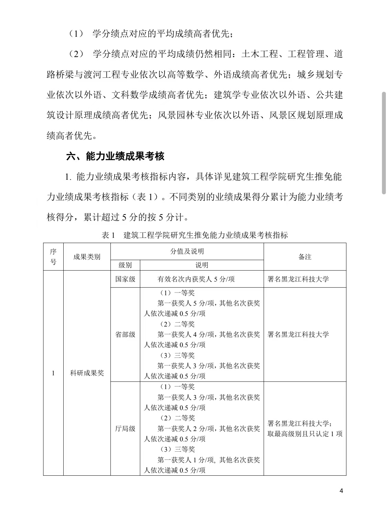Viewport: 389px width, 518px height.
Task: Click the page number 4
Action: [x=341, y=491]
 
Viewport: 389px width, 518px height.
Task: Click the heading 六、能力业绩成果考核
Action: [x=115, y=156]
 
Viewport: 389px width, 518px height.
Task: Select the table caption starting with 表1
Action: [x=195, y=235]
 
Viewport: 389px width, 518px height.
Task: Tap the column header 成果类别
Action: [x=87, y=257]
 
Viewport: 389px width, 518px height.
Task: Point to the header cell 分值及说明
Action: [x=187, y=251]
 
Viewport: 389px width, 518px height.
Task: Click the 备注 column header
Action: [x=305, y=257]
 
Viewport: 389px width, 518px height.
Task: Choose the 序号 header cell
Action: [x=53, y=257]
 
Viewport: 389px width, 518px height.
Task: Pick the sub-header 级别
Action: [x=125, y=265]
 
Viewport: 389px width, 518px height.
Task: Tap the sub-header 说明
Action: [x=202, y=265]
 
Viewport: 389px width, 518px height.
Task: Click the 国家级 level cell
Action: [x=125, y=279]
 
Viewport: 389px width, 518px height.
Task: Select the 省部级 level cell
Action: [x=125, y=334]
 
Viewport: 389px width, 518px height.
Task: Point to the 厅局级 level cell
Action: [x=125, y=429]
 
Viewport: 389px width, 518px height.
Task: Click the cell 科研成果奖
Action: [x=87, y=373]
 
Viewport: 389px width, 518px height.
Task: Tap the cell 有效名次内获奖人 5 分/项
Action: [x=196, y=279]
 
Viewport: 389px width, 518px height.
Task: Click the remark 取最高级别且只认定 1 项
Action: [x=305, y=434]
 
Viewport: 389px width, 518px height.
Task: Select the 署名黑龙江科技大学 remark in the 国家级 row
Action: [x=298, y=279]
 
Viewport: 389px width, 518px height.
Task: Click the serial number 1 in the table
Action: [x=53, y=373]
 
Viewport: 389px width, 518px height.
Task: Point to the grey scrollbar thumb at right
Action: [x=384, y=143]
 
